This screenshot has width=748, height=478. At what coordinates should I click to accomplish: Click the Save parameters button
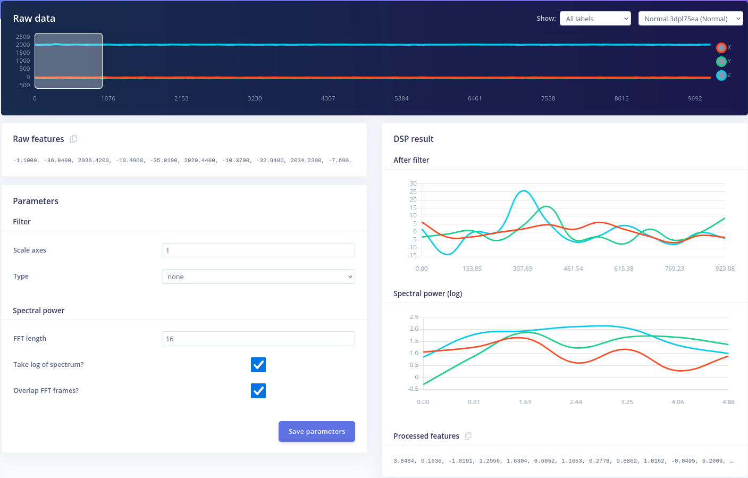click(316, 431)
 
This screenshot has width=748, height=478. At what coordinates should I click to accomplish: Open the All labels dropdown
click(595, 19)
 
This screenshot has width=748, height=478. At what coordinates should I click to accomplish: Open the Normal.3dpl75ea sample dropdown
click(690, 19)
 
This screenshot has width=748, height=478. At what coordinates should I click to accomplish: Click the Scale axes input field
click(258, 250)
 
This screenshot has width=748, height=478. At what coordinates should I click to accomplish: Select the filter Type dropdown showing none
click(258, 276)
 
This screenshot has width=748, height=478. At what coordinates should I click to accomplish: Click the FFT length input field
click(258, 339)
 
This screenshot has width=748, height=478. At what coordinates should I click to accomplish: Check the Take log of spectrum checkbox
click(258, 365)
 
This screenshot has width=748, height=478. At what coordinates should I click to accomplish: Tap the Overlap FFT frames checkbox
click(258, 391)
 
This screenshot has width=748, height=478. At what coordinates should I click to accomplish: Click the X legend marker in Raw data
click(721, 48)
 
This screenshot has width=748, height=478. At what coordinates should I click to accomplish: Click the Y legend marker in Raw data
click(721, 62)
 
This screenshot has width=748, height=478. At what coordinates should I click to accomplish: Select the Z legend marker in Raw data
click(721, 76)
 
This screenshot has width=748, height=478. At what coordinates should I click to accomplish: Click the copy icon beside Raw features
click(74, 139)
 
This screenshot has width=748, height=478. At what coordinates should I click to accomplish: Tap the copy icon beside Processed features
click(468, 436)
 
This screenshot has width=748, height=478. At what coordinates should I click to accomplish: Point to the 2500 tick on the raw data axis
click(23, 37)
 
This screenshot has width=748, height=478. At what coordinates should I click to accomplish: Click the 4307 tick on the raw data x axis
click(328, 98)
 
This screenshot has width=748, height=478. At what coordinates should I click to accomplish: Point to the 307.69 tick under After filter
click(523, 269)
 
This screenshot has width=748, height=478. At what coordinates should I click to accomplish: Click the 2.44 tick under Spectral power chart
click(576, 402)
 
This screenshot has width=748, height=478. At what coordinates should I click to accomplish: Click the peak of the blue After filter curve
click(524, 191)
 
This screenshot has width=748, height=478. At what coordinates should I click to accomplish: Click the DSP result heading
click(413, 139)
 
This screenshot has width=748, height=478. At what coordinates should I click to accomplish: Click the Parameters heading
click(36, 201)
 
